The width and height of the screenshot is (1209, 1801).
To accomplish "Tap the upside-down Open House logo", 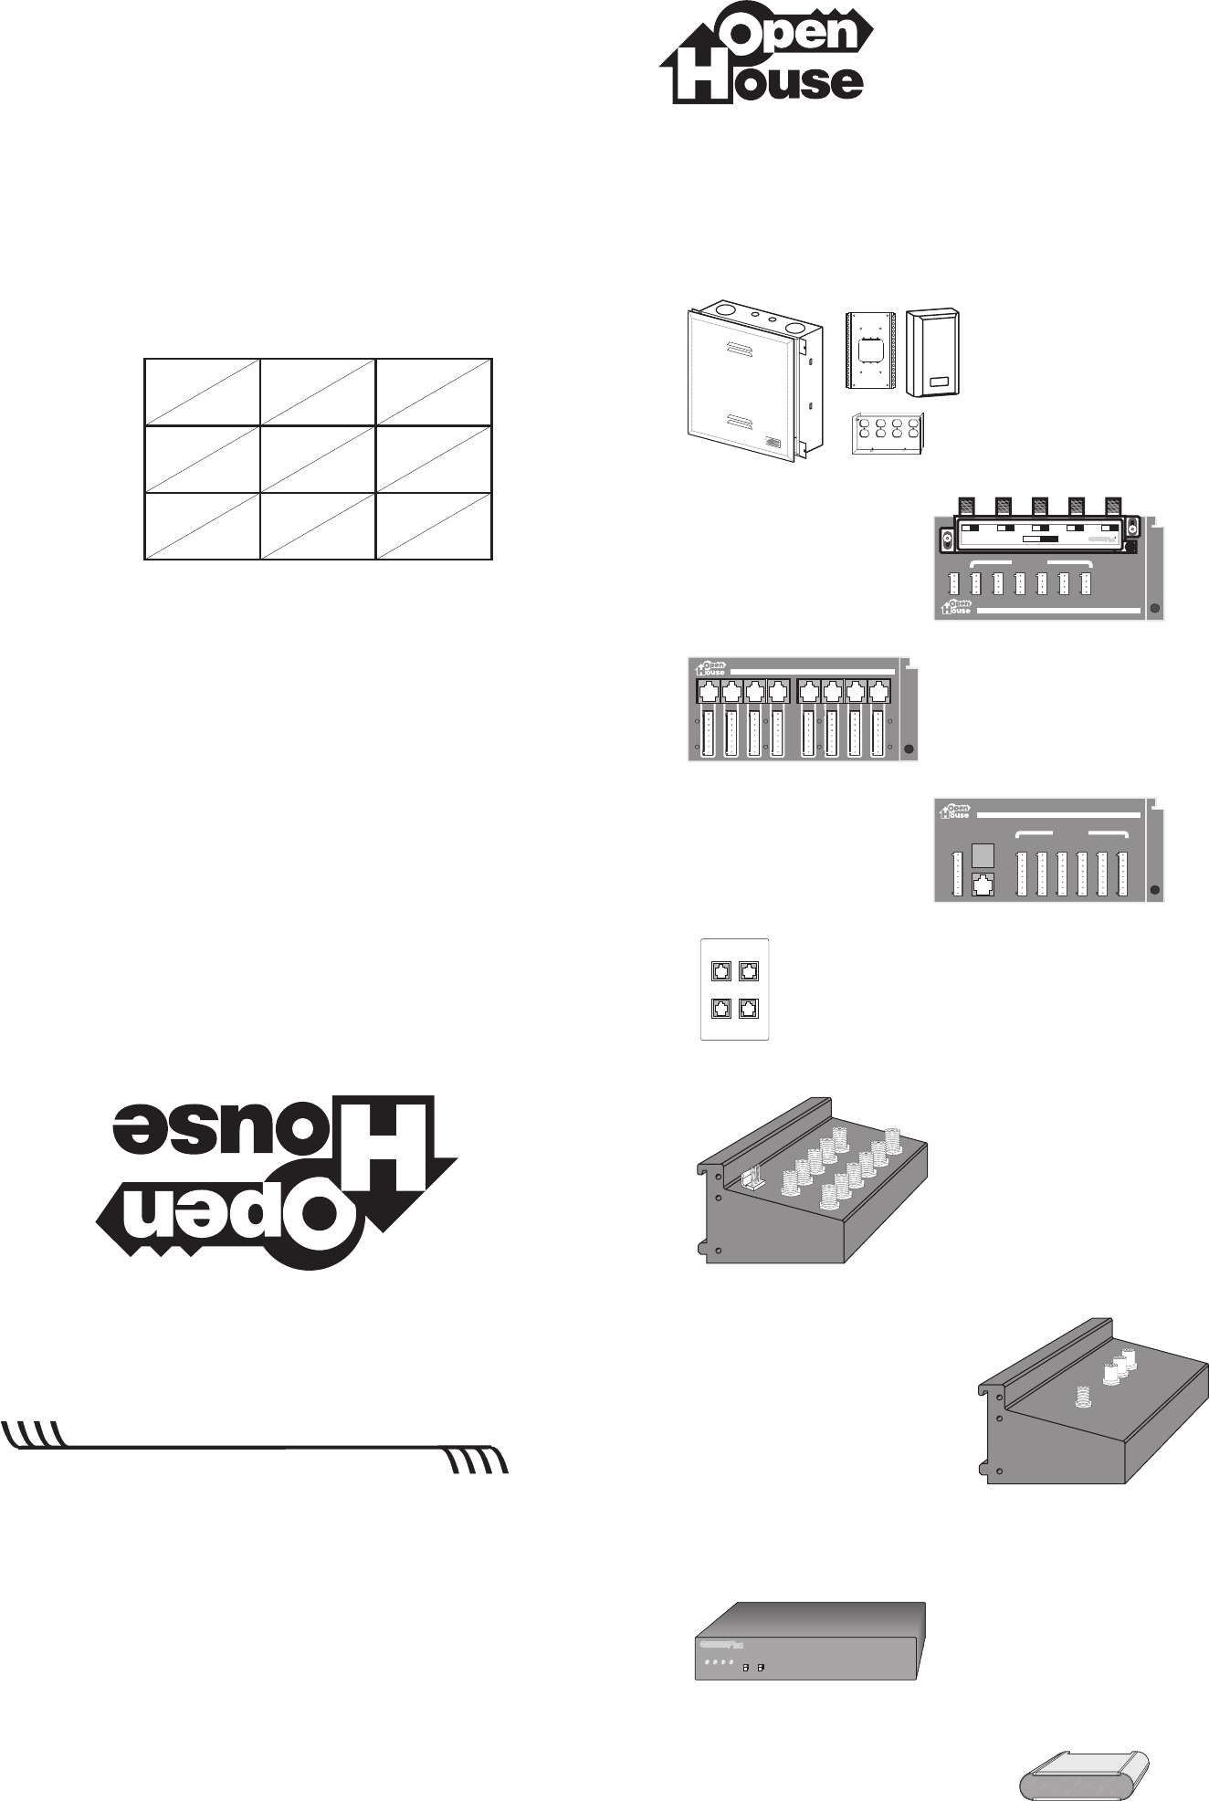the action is pos(279,1182).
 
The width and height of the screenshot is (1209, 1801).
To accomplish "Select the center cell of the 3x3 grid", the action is pos(317,459).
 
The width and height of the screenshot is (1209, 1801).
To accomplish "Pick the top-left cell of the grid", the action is pos(202,392).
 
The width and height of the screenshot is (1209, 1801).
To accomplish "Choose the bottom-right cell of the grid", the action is pos(434,526).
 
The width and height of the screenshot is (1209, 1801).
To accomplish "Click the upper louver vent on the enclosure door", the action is pos(743,349).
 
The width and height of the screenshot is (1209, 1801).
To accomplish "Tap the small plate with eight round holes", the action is pos(884,429).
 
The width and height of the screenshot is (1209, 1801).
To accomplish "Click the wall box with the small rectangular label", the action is pos(933,353).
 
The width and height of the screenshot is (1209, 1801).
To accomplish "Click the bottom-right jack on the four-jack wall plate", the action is pos(748,1009).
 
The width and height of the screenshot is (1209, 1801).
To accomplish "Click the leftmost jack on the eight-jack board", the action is pos(708,692).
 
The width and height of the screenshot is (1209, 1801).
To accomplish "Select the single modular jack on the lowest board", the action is pos(983,884).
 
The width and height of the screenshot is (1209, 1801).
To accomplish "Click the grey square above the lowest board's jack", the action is pos(983,855).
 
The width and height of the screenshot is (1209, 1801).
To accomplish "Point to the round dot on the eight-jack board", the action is pos(908,749).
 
